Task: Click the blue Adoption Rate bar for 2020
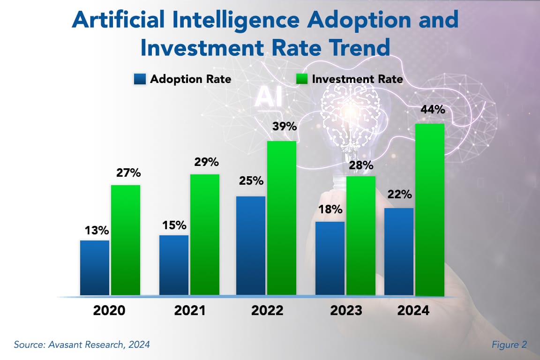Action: (95, 268)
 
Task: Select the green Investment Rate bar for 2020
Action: (126, 240)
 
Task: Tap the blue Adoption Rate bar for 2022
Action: (251, 246)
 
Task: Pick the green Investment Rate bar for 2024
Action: (430, 210)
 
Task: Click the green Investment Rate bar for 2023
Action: (361, 236)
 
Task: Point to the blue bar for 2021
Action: (174, 265)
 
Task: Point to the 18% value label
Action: (330, 210)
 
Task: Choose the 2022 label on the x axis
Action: (266, 311)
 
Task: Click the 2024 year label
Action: (413, 311)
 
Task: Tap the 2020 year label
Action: (110, 311)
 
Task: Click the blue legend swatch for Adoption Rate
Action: (140, 79)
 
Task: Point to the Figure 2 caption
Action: (509, 345)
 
